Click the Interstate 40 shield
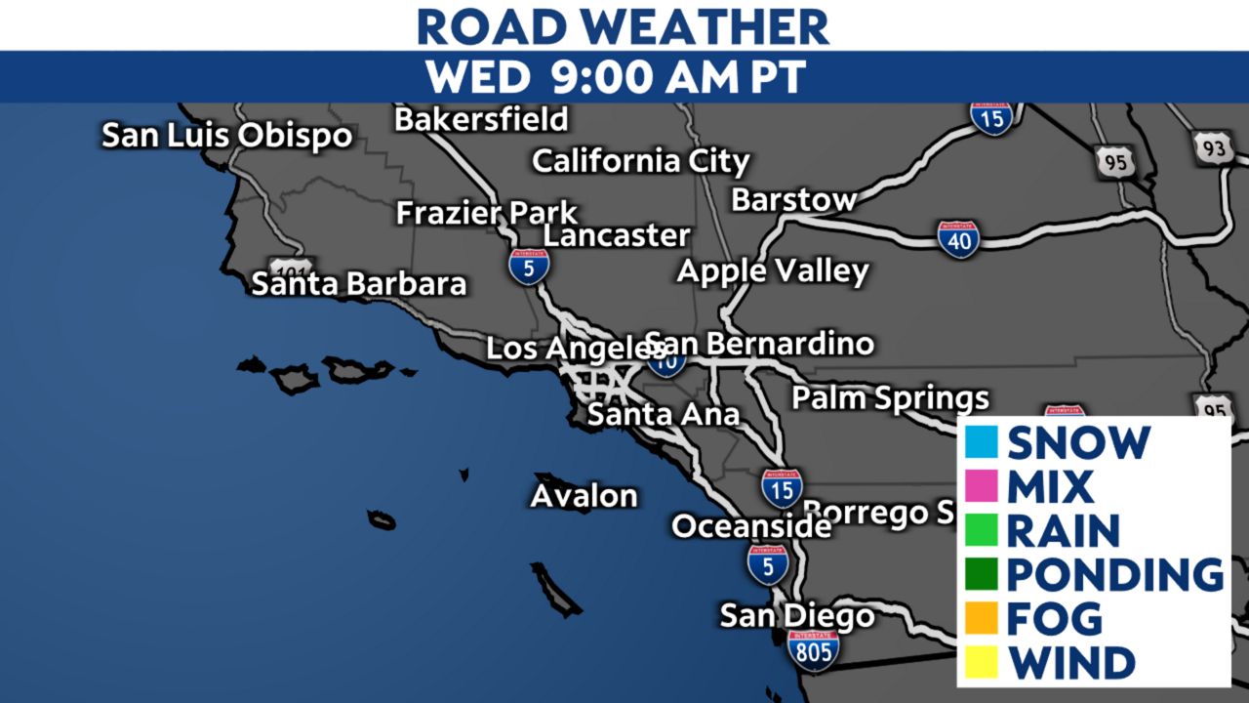pyautogui.click(x=959, y=239)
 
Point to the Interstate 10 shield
pyautogui.click(x=666, y=361)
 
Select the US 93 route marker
pyautogui.click(x=1213, y=148)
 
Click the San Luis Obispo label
pyautogui.click(x=227, y=136)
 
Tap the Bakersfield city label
pyautogui.click(x=481, y=119)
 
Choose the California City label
pyautogui.click(x=641, y=161)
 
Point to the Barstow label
pyautogui.click(x=794, y=200)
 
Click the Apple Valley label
pyautogui.click(x=773, y=270)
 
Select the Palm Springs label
pyautogui.click(x=890, y=398)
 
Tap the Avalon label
pyautogui.click(x=584, y=496)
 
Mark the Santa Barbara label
pyautogui.click(x=359, y=284)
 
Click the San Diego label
pyautogui.click(x=797, y=616)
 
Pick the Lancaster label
pyautogui.click(x=617, y=236)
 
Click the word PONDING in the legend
pyautogui.click(x=1114, y=574)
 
